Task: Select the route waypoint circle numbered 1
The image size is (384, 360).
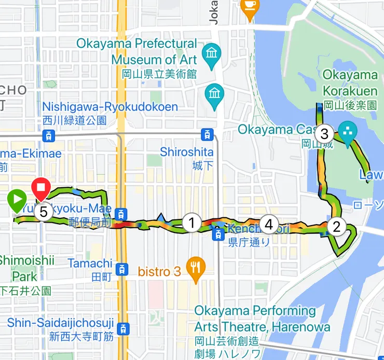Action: tap(191, 223)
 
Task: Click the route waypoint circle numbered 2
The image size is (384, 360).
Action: tap(337, 226)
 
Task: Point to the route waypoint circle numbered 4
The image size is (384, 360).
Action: tap(268, 224)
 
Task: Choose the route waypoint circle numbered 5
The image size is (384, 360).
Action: tap(44, 212)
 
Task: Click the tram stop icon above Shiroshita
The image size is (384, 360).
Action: tap(207, 135)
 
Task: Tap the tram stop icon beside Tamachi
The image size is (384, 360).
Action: tap(121, 269)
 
